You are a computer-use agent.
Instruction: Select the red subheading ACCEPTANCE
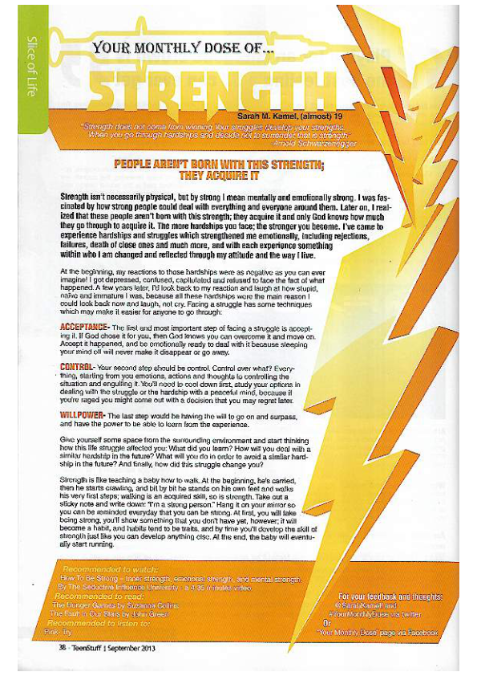86,329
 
